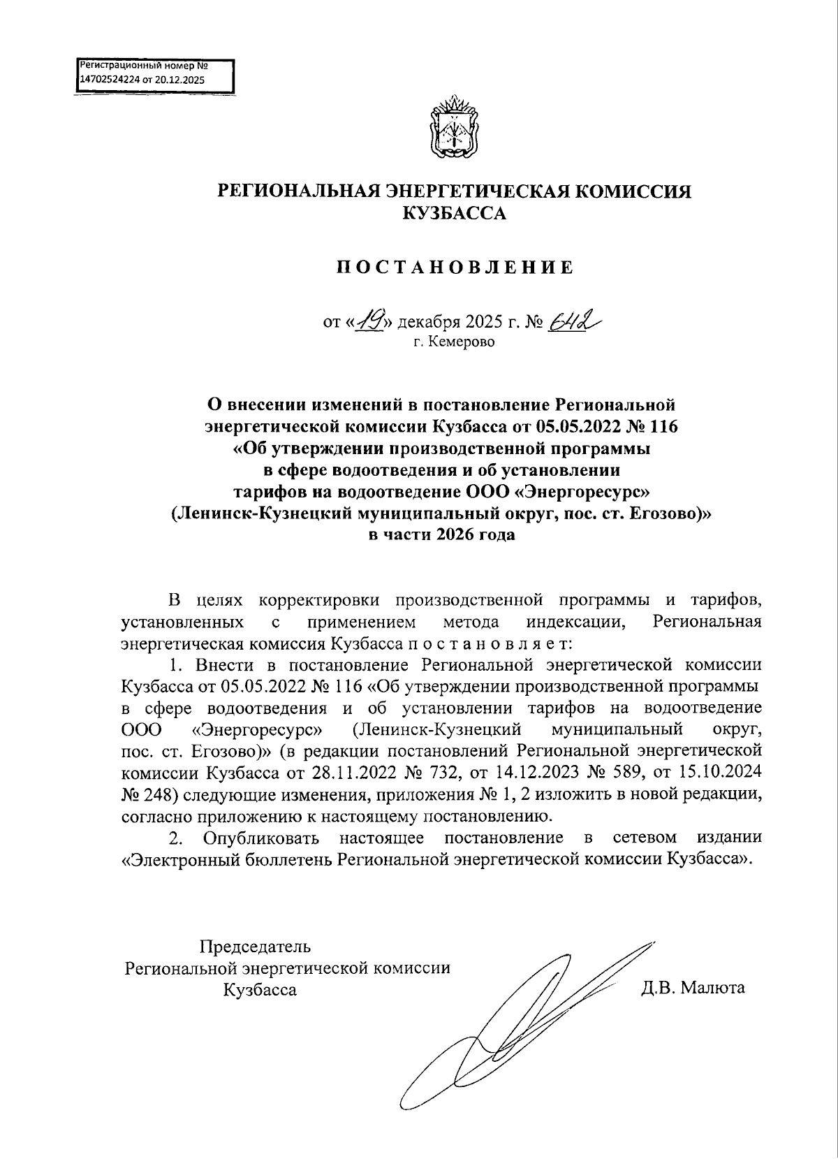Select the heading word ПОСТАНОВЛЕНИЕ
tap(455, 268)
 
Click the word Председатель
tap(255, 947)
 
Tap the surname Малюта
tap(713, 988)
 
